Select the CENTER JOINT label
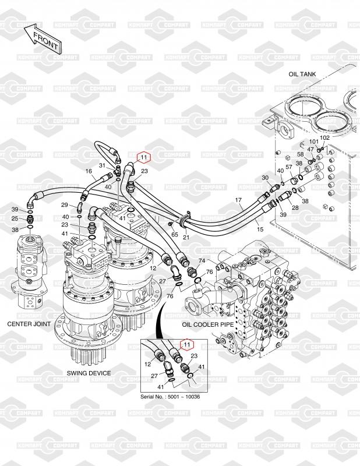(x=29, y=323)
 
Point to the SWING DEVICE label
(x=89, y=373)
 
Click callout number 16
(x=89, y=171)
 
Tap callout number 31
(x=101, y=165)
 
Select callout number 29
(x=65, y=204)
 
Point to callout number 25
(x=15, y=218)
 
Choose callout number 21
(x=186, y=237)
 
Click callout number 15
(x=260, y=221)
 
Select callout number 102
(x=325, y=137)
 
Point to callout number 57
(x=288, y=167)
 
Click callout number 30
(x=265, y=178)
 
